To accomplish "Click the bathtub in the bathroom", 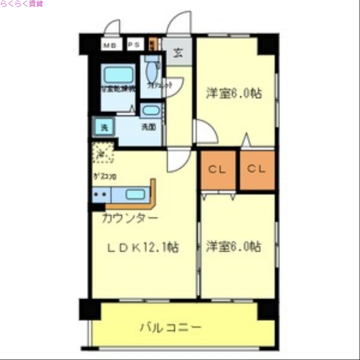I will point(118,74).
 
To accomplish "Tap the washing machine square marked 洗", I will point(103,127).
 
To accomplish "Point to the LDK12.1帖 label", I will point(143,247).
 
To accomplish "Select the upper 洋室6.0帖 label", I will point(234,93).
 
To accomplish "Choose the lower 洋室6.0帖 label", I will point(234,247).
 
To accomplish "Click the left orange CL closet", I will point(218,170).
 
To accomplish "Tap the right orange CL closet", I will point(257,170).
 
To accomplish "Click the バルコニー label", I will point(170,327).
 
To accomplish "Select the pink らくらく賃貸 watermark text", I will point(22,4).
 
